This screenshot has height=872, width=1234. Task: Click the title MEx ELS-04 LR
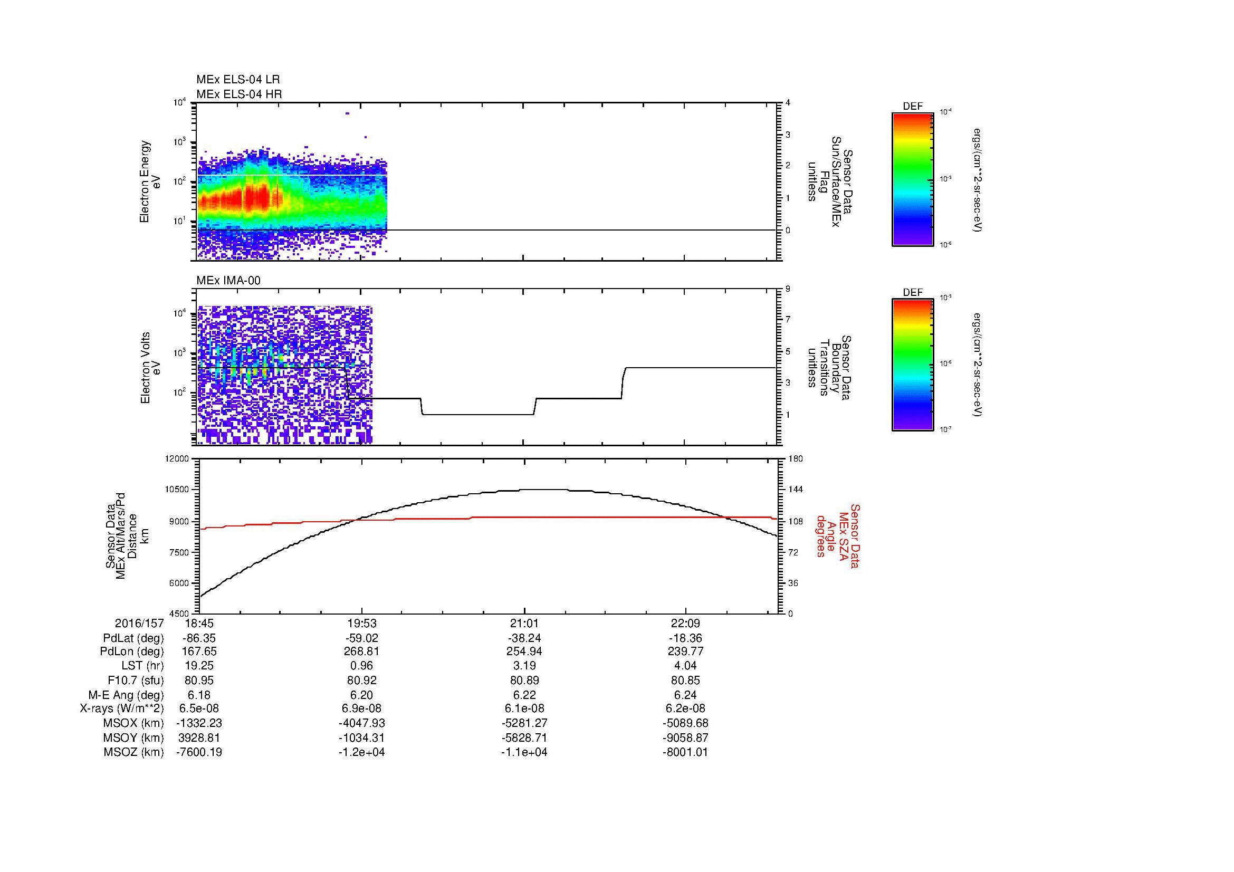tap(237, 80)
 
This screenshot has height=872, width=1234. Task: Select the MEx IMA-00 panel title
tap(228, 281)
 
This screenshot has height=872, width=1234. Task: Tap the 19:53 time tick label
tap(362, 624)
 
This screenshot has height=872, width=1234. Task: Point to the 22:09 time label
tap(685, 624)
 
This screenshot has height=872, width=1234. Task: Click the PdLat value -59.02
tap(362, 639)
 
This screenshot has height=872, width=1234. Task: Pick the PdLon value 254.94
tap(524, 651)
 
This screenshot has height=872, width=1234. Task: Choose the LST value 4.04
tap(685, 666)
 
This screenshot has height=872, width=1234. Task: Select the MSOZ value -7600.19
tap(199, 752)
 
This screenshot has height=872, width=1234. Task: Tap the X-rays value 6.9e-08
tap(362, 708)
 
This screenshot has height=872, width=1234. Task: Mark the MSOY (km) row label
tap(134, 737)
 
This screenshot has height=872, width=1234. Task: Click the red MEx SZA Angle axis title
tap(838, 535)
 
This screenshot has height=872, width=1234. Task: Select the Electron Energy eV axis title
tap(150, 181)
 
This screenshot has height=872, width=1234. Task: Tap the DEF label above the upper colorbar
tap(913, 107)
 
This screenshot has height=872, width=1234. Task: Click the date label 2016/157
tap(139, 624)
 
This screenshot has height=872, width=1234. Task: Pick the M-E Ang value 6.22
tap(524, 695)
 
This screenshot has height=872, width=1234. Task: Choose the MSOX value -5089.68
tap(685, 723)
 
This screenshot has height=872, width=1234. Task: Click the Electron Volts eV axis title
tap(150, 368)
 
